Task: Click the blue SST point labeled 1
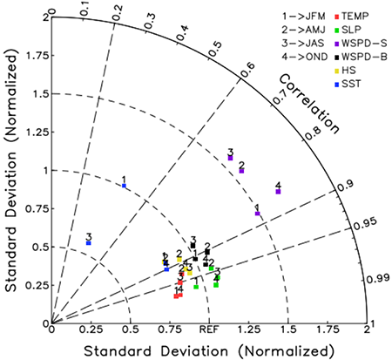(x=125, y=186)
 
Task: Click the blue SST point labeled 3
(x=89, y=243)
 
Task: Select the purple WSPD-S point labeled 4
(x=278, y=191)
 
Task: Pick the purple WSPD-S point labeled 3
(x=231, y=158)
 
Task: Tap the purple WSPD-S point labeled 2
(x=241, y=171)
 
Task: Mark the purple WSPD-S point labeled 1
(x=257, y=213)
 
